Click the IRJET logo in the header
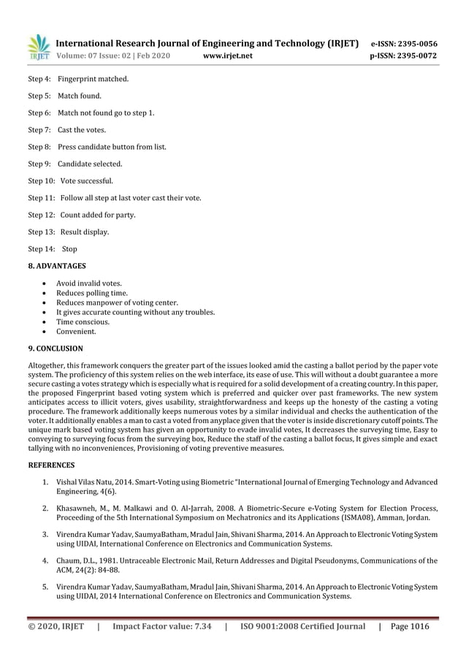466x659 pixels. (39, 47)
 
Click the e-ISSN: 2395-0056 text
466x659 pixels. (404, 44)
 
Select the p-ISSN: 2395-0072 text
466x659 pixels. (404, 56)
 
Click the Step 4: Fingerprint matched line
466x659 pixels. (78, 79)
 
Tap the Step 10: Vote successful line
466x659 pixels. (71, 181)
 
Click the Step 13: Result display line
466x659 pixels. (69, 232)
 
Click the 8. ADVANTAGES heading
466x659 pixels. (57, 266)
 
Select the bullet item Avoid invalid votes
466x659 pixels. (89, 283)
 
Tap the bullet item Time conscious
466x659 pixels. (83, 321)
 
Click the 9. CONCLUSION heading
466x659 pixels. (56, 348)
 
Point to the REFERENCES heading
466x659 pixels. (51, 465)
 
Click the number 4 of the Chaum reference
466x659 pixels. (45, 560)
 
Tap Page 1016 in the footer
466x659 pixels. (410, 626)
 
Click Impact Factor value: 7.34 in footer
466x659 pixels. (162, 626)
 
